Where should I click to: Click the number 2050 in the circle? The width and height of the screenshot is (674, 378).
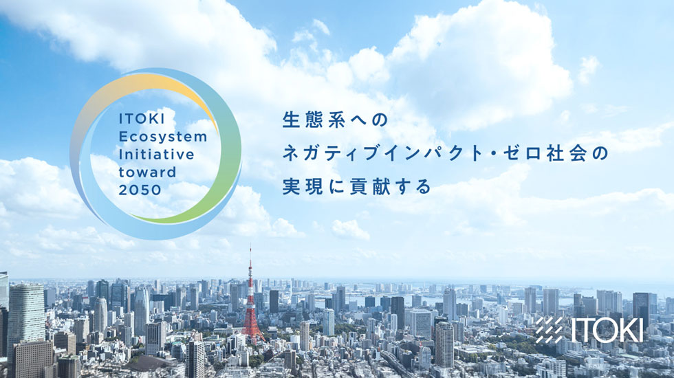(139, 188)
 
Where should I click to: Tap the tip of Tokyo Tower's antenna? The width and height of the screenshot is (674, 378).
(250, 246)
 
